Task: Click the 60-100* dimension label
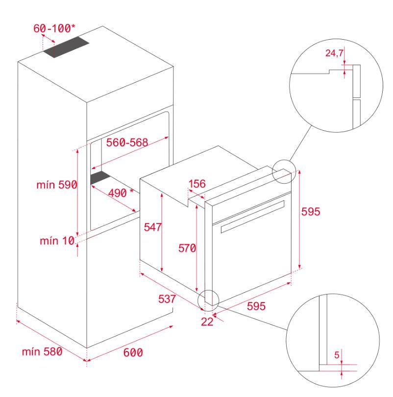point(54,28)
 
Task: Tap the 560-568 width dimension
point(127,142)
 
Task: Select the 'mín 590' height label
point(57,185)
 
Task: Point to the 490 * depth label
point(121,193)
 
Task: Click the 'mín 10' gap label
point(57,240)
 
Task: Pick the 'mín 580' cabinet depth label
point(42,351)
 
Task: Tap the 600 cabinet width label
point(133,352)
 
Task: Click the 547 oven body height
point(152,227)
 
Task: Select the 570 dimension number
point(187,248)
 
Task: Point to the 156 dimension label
point(197,184)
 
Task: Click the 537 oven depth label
point(167,299)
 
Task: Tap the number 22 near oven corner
point(207,322)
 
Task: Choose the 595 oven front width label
point(256,306)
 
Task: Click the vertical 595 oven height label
point(311,211)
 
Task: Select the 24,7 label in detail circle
point(334,53)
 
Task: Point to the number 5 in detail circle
point(337,355)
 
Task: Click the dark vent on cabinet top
point(66,47)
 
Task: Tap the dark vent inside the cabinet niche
point(100,177)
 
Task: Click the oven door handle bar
point(253,216)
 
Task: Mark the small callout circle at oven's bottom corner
point(208,301)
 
